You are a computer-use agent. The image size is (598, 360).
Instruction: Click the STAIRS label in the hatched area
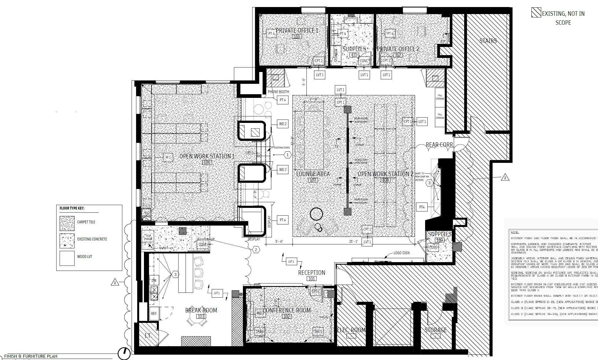[488, 41]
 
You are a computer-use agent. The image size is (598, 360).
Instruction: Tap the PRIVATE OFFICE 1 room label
[297, 31]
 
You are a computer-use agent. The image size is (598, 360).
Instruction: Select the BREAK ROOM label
[201, 310]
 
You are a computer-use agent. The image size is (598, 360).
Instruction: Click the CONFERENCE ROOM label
[286, 310]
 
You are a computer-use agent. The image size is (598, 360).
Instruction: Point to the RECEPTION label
[312, 273]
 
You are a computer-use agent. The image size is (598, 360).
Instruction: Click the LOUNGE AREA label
[313, 174]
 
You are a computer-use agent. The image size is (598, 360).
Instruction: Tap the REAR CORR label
[439, 145]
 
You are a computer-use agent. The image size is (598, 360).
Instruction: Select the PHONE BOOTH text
[278, 92]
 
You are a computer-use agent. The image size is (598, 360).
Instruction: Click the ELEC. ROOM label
[351, 330]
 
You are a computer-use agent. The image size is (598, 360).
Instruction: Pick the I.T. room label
[148, 336]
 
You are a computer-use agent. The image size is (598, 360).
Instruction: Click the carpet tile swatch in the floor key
[67, 223]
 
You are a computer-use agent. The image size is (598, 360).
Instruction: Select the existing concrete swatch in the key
[67, 240]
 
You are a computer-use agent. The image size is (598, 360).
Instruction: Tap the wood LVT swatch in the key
[67, 258]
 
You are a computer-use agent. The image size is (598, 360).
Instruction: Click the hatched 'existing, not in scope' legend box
[536, 13]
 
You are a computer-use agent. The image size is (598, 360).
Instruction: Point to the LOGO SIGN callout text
[401, 253]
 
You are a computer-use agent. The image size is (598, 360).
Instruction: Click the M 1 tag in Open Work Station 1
[168, 157]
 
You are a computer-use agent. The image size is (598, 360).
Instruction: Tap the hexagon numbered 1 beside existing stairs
[287, 155]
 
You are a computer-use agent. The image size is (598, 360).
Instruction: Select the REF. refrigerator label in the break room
[154, 314]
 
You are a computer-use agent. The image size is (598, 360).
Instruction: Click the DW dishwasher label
[154, 280]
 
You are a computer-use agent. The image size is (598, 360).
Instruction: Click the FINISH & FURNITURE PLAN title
[31, 356]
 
